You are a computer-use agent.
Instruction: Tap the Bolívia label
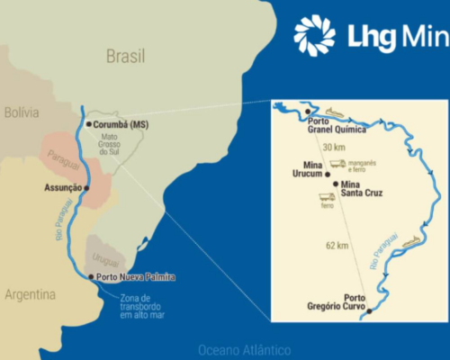(21, 113)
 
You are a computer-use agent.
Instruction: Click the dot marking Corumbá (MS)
(87, 123)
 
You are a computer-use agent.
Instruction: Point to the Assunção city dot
(86, 188)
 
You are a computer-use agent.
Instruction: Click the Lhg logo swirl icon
(314, 35)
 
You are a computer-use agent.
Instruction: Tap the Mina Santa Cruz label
(358, 190)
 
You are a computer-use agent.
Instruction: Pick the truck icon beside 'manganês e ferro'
(337, 165)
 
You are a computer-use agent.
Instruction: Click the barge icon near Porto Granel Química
(335, 112)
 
